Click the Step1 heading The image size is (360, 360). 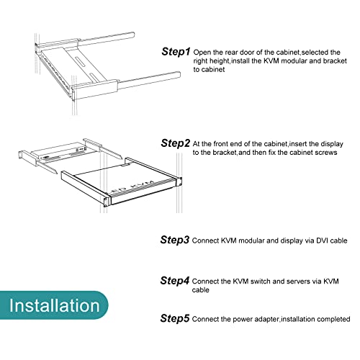coord(176,52)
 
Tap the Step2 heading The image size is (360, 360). coord(175,143)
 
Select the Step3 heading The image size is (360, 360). coord(175,240)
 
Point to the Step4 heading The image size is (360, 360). coord(175,281)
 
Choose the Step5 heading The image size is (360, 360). coord(175,318)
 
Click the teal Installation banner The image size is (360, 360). coord(54,305)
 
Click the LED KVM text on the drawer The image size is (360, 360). coord(131,186)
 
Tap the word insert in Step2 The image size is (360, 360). coord(298,144)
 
